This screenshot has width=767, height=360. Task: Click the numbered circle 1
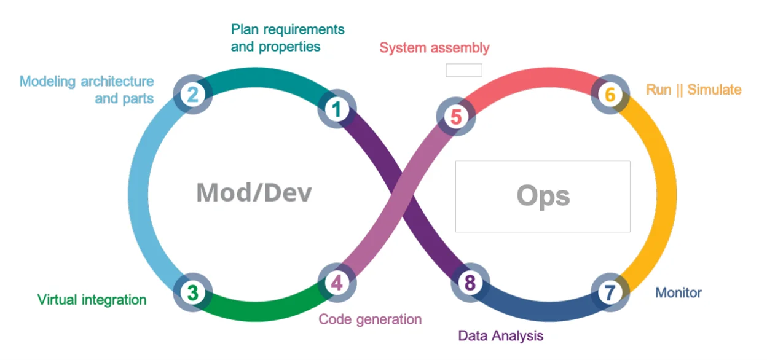point(336,109)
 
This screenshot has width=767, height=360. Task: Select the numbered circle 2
point(192,95)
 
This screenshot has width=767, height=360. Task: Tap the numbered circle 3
point(192,292)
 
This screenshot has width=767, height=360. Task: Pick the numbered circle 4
point(336,283)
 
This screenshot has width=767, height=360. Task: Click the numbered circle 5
point(455,116)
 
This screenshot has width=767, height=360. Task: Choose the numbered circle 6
point(610,95)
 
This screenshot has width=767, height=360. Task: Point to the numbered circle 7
point(610,292)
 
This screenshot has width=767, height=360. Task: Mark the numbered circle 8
point(470,283)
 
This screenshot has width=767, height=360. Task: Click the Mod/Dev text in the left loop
point(254,193)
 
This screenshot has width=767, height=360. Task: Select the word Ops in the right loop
point(543,196)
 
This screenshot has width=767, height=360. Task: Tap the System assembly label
point(434,48)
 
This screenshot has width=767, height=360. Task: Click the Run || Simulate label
point(693,90)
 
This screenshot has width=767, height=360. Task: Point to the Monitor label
point(678,292)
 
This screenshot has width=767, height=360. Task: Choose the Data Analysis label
point(500,335)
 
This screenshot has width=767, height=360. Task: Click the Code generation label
point(370,319)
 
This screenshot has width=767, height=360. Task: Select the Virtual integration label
point(92,300)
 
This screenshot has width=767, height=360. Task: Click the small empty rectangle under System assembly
point(463,70)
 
